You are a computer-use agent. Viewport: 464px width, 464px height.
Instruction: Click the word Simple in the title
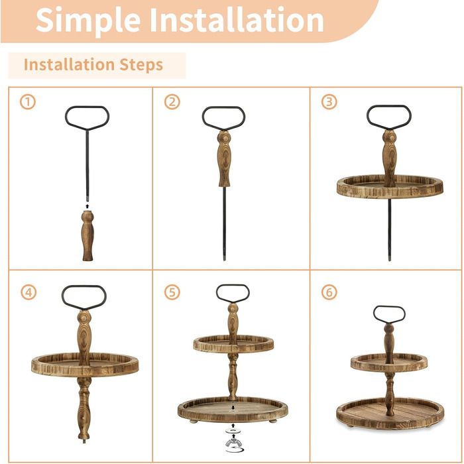pos(88,21)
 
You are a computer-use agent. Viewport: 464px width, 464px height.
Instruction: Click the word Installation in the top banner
pos(237,19)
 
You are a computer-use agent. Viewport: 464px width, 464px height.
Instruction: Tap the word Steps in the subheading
pos(141,65)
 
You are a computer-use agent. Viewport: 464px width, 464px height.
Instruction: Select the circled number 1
pos(28,102)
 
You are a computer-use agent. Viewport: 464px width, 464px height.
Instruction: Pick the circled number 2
pos(172,102)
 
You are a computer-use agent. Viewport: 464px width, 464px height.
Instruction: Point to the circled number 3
pos(329,102)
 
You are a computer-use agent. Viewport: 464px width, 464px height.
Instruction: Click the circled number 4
pos(29,292)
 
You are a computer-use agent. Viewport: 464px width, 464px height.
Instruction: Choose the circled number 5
pos(172,292)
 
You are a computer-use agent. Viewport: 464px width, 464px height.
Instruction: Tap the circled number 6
pos(329,292)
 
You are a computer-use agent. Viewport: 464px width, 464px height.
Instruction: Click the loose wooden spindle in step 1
pos(87,236)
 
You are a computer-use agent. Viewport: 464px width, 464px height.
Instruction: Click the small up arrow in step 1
pos(87,206)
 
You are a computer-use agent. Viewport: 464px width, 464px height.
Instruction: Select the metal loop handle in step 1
pos(87,119)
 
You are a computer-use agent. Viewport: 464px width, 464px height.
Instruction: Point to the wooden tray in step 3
pos(390,186)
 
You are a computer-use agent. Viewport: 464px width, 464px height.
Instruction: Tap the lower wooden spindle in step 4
pos(84,408)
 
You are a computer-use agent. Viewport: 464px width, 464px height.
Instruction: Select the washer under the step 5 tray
pos(233,430)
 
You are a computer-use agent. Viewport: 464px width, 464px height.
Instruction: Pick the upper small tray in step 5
pos(233,344)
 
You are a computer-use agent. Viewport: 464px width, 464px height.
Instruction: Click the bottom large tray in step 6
pos(390,414)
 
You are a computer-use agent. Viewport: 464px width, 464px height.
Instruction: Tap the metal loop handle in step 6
pos(389,315)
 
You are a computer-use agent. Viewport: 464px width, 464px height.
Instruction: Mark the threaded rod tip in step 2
pos(224,257)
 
